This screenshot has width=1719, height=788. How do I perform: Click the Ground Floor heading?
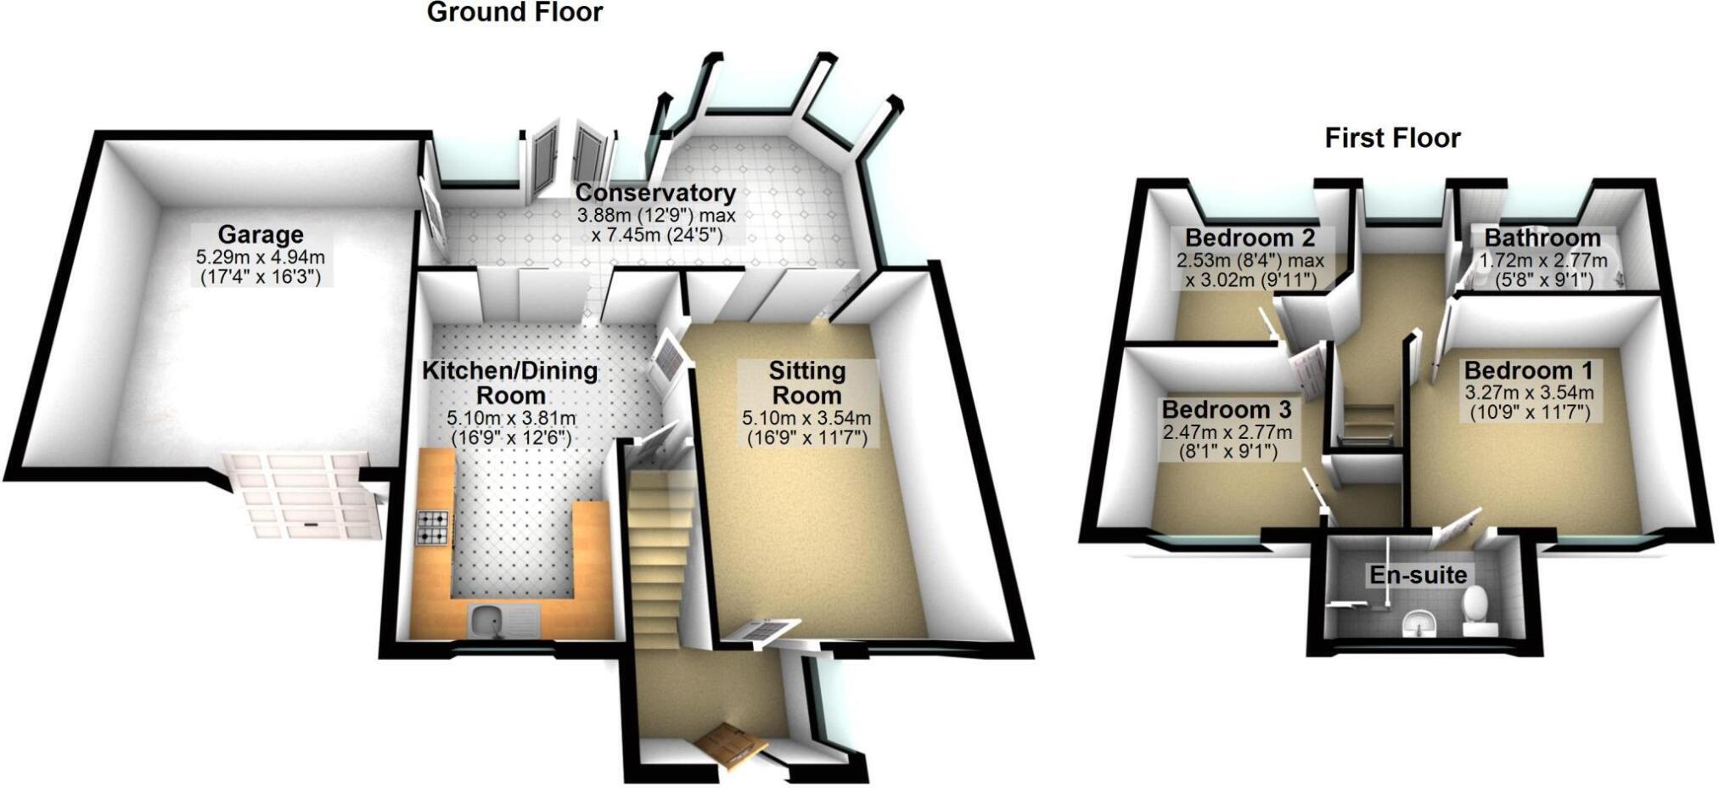pos(514,13)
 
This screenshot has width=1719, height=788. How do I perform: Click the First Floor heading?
pos(1392,138)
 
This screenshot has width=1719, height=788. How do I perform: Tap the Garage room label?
pos(261,234)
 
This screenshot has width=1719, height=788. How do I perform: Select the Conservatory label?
pos(655,194)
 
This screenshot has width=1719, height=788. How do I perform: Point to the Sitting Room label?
pos(806,383)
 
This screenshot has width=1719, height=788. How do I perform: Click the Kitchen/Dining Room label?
pos(510,383)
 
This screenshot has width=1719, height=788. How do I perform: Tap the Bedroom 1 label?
pos(1528,371)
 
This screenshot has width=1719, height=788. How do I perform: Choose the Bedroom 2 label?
pos(1250,237)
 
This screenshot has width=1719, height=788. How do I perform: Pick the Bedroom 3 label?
pos(1227,409)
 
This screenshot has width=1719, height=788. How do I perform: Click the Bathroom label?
pos(1542,238)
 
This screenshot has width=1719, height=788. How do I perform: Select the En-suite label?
pos(1418,575)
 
